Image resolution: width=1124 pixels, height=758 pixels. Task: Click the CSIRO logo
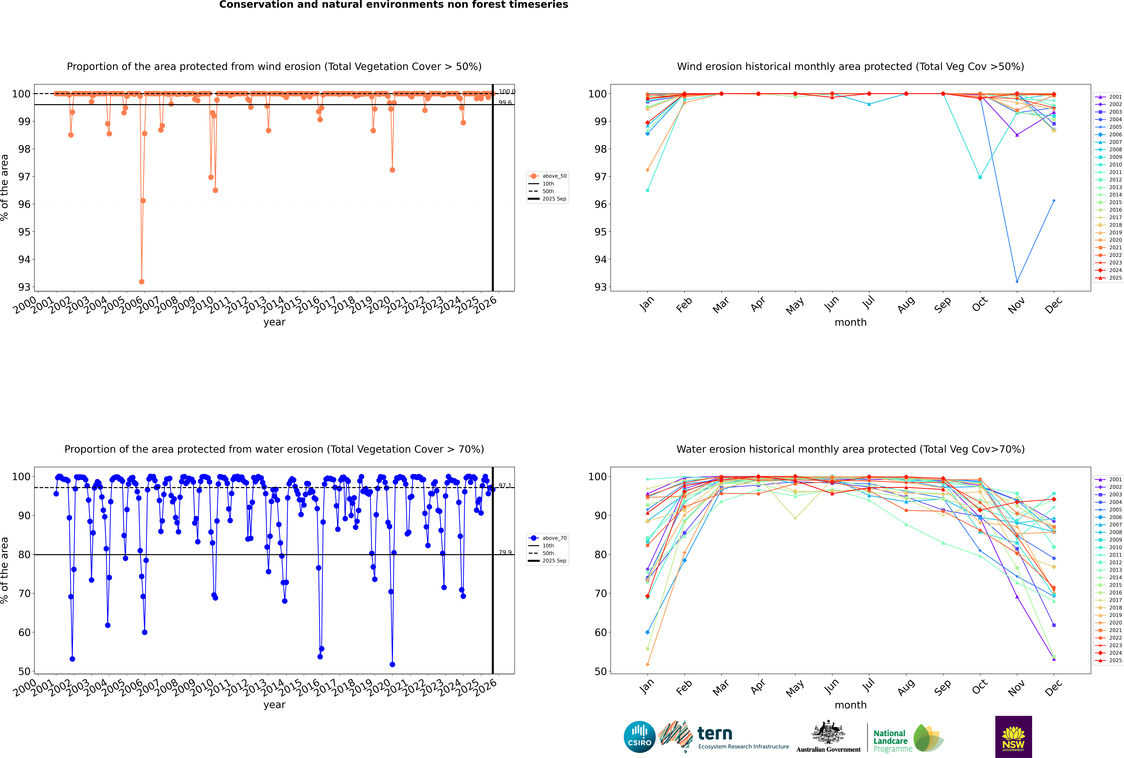tap(639, 737)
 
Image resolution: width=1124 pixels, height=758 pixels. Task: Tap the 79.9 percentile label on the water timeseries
tap(505, 553)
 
